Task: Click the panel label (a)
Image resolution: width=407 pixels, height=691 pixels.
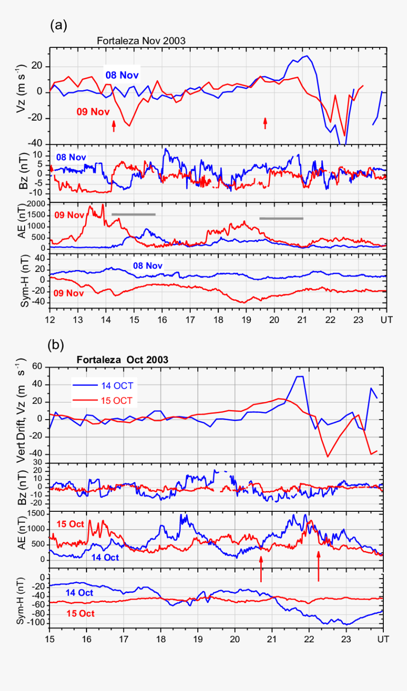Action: tap(59, 26)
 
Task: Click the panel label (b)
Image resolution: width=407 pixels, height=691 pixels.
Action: tap(56, 345)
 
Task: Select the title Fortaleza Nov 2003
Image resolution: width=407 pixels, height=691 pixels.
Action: tap(141, 41)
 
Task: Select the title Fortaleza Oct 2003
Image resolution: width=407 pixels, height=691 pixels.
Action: tap(122, 360)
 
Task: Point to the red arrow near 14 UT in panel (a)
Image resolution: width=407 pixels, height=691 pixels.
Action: tap(114, 126)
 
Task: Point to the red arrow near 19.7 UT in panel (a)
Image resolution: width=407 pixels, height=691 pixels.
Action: tap(265, 123)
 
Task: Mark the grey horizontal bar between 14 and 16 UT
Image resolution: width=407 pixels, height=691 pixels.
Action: tap(133, 214)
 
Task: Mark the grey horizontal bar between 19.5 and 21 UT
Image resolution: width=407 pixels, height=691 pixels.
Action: tap(281, 219)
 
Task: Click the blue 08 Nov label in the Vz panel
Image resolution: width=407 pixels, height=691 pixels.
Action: tap(122, 75)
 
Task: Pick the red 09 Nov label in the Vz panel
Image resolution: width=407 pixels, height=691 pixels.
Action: tap(93, 112)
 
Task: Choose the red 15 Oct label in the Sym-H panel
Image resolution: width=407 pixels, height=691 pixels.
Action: tap(80, 613)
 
